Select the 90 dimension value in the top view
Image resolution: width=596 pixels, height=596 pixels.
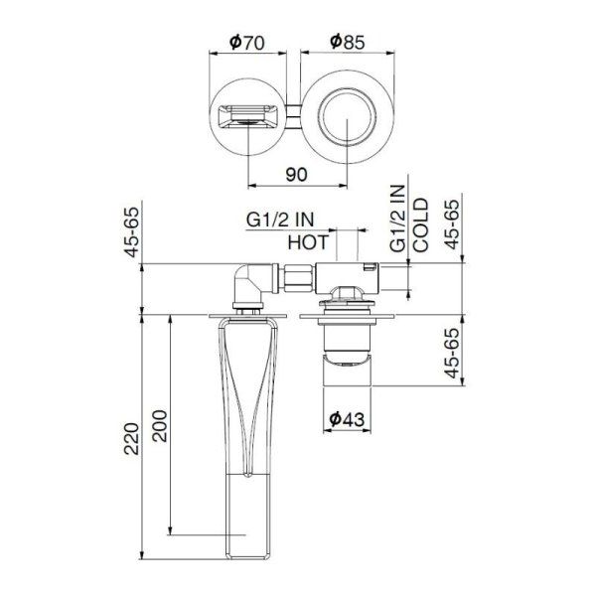295,172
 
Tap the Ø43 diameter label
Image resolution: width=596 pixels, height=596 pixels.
346,419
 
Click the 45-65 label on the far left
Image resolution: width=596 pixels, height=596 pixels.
128,232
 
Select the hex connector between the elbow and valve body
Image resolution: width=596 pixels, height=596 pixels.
294,279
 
